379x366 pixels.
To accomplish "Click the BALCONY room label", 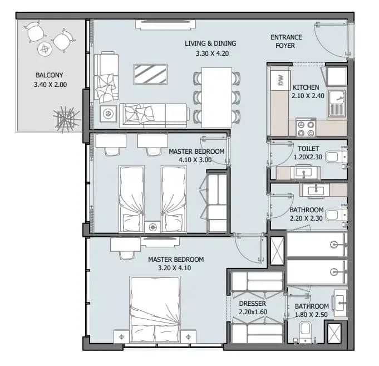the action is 50,75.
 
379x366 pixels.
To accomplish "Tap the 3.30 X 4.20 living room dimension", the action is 212,53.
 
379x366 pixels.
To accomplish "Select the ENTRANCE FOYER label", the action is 286,41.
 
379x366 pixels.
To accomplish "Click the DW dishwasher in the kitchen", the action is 280,80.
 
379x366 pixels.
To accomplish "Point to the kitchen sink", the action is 337,103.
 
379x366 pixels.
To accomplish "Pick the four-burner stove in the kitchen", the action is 306,128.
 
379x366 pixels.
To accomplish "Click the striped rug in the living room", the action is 150,74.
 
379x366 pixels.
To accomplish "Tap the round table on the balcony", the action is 45,50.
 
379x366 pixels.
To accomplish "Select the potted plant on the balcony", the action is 66,119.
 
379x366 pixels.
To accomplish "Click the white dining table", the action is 216,97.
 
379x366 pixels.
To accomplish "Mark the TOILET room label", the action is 308,149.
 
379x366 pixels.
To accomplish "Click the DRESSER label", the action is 252,304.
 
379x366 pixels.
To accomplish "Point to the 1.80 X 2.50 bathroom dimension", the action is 311,315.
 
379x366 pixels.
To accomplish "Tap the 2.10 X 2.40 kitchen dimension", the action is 308,96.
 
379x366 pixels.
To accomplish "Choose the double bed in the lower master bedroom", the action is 155,309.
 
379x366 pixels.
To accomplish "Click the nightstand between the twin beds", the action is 152,227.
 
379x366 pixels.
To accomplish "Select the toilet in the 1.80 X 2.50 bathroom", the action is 306,331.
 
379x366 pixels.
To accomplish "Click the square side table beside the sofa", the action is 108,113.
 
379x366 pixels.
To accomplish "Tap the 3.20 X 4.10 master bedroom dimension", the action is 174,268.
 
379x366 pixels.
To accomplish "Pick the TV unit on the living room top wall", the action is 166,25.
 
